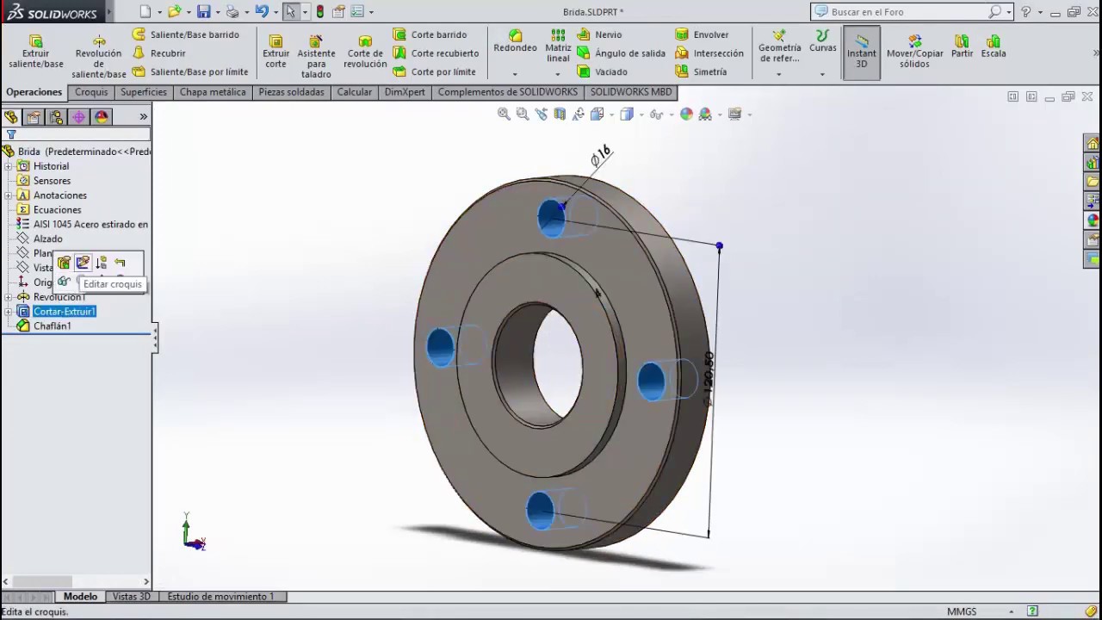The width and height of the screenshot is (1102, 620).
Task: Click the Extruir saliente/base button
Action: [x=35, y=53]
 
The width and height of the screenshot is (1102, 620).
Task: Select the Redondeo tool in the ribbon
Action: [x=515, y=41]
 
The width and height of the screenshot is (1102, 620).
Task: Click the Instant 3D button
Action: [x=861, y=53]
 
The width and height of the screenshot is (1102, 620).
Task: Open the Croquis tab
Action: [x=91, y=92]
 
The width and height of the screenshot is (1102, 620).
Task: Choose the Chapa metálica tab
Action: [x=213, y=92]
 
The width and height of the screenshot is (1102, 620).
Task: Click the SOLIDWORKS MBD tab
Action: [x=630, y=92]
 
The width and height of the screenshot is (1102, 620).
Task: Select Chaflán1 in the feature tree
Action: [x=52, y=326]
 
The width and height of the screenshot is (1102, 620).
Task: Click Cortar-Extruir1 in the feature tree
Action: [x=64, y=312]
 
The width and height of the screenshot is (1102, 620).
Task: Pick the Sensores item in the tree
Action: [x=52, y=181]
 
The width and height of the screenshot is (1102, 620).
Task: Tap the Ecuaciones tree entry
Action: [x=57, y=210]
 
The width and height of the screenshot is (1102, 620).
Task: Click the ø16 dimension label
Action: [x=600, y=156]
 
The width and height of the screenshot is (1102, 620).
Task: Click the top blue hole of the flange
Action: [x=551, y=218]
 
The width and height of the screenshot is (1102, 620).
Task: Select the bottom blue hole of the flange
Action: [x=540, y=510]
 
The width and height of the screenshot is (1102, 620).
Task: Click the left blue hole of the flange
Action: [x=440, y=347]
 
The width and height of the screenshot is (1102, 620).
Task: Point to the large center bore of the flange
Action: [x=555, y=362]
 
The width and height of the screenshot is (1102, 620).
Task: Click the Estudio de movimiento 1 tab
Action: [x=220, y=596]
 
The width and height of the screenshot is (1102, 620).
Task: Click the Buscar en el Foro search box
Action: [x=907, y=12]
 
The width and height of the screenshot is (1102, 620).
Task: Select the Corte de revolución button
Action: [x=365, y=53]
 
